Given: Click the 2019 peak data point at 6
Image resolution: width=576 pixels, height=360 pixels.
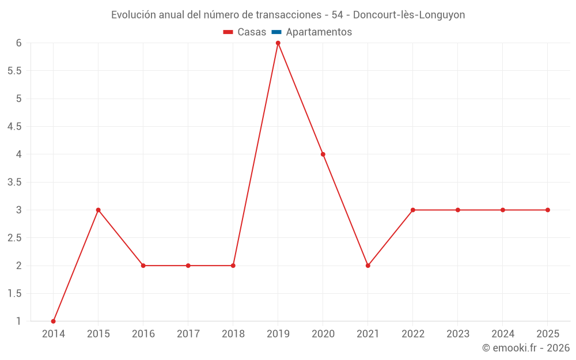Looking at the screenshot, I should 278,43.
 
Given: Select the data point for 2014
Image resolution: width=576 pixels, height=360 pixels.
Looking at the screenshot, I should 54,321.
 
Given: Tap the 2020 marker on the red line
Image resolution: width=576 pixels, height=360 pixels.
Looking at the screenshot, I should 323,154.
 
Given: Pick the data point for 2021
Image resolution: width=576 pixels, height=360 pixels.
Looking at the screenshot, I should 367,266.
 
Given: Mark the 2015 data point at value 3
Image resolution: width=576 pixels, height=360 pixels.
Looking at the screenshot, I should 98,210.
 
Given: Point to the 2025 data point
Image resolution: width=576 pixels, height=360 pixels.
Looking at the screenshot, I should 547,210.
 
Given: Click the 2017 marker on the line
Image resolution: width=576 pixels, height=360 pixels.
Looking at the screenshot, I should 188,266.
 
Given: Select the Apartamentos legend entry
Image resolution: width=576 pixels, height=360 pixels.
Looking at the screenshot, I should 319,32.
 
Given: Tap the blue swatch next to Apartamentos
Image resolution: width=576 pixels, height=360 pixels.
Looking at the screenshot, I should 276,32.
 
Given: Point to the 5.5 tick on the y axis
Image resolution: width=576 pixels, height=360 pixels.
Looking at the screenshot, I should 14,71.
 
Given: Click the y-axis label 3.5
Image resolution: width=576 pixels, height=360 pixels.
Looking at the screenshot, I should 14,182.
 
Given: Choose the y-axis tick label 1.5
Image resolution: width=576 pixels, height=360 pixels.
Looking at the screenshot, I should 14,293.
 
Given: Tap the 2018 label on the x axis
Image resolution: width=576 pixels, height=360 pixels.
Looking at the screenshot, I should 233,334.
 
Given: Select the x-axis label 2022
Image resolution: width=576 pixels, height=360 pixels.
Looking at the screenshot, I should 412,334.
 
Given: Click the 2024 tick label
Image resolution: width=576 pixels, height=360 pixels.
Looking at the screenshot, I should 502,334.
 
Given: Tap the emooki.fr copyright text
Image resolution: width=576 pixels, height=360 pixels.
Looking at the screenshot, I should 526,348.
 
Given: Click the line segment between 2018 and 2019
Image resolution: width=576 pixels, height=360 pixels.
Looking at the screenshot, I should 256,154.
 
